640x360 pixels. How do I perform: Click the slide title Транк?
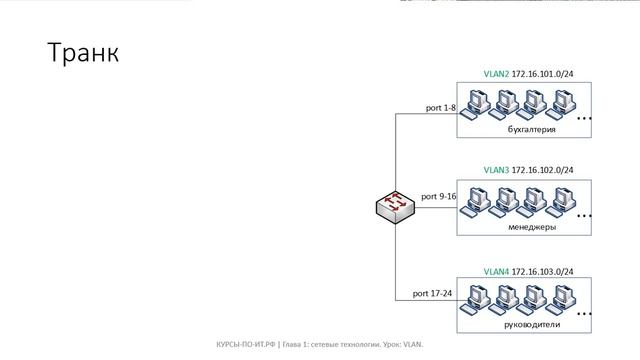point(83,53)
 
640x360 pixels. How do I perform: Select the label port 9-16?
point(439,196)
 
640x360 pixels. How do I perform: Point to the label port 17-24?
point(433,294)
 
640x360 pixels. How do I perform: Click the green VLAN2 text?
point(495,74)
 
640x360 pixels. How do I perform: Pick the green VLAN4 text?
point(495,271)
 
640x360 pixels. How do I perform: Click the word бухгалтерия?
point(531,130)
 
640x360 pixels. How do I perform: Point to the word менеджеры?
point(532,227)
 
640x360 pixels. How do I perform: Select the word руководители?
point(532,325)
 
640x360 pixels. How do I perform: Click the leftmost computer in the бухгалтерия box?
point(483,103)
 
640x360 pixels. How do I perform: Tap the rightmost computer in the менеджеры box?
point(565,200)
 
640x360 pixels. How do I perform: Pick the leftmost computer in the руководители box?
point(483,299)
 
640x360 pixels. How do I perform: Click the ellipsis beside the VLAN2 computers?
point(585,119)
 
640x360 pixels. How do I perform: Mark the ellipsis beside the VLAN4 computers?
point(585,314)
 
